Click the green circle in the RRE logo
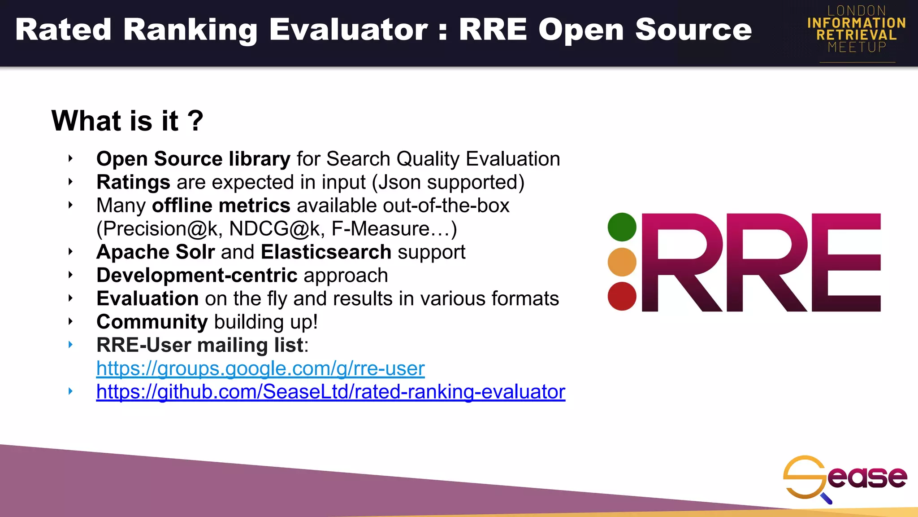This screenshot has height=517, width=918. click(622, 227)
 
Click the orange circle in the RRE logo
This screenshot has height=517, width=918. click(622, 262)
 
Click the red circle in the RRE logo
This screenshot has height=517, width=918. click(622, 296)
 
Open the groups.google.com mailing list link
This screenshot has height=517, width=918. click(260, 368)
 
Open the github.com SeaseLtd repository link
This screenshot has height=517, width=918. click(331, 392)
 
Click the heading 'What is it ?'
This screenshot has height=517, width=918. click(127, 121)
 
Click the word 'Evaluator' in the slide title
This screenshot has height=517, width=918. click(348, 30)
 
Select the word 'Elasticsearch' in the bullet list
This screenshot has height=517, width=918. click(326, 252)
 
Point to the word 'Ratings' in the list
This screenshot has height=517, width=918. click(133, 182)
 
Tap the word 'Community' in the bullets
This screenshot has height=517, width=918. click(152, 322)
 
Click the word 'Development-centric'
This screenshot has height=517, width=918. click(197, 276)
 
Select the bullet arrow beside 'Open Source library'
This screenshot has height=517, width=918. click(70, 158)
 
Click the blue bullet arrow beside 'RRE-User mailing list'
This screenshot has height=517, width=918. click(70, 345)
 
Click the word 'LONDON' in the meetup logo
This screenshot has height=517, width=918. click(857, 10)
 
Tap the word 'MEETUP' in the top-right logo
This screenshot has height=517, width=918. click(857, 47)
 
